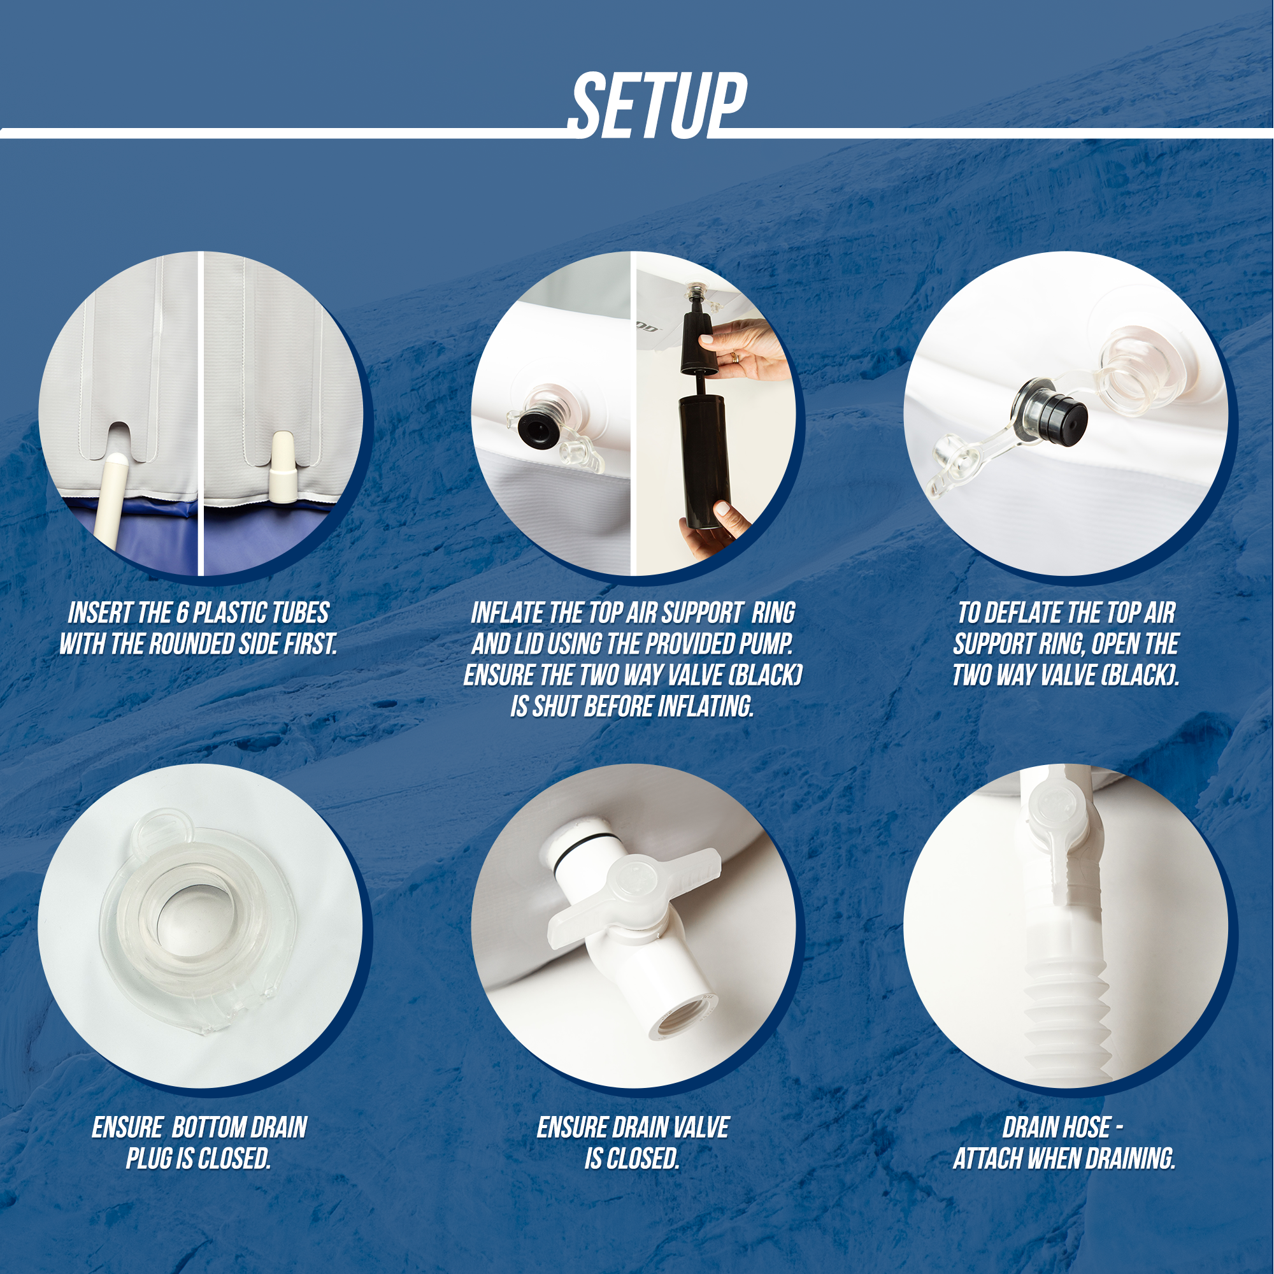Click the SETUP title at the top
(657, 105)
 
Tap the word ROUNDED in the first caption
(190, 644)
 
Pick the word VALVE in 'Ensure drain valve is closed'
(699, 1127)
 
